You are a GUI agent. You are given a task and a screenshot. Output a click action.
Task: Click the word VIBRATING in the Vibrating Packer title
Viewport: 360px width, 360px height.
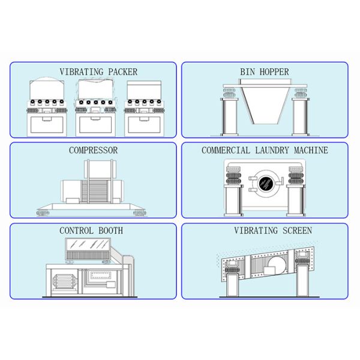82,72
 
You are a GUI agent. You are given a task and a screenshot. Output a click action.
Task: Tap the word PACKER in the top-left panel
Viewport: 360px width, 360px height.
122,72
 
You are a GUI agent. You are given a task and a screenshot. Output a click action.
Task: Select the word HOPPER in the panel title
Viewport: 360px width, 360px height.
274,72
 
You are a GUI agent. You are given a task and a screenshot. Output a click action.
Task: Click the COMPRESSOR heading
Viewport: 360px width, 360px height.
93,151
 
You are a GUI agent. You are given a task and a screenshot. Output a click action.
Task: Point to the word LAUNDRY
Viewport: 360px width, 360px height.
272,151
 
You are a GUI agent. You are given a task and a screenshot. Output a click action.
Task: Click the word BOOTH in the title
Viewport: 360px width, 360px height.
110,231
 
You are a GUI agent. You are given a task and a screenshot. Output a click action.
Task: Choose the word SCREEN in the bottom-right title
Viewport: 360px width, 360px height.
297,230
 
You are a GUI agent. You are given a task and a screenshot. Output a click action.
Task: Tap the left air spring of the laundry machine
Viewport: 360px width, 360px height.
234,175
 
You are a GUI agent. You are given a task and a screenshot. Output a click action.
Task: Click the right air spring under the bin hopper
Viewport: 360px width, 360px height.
301,92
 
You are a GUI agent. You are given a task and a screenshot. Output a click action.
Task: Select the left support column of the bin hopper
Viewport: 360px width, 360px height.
229,117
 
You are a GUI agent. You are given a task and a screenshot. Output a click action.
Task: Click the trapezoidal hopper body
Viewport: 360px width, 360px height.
266,104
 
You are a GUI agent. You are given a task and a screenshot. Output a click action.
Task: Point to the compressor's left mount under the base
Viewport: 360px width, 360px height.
43,212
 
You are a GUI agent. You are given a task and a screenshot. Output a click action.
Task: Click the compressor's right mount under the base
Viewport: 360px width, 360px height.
140,212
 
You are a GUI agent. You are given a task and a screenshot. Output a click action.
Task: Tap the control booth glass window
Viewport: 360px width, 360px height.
88,245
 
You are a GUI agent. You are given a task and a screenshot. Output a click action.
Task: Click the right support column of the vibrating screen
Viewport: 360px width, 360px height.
302,281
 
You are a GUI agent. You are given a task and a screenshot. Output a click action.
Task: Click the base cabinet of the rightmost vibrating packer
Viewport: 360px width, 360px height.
144,125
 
